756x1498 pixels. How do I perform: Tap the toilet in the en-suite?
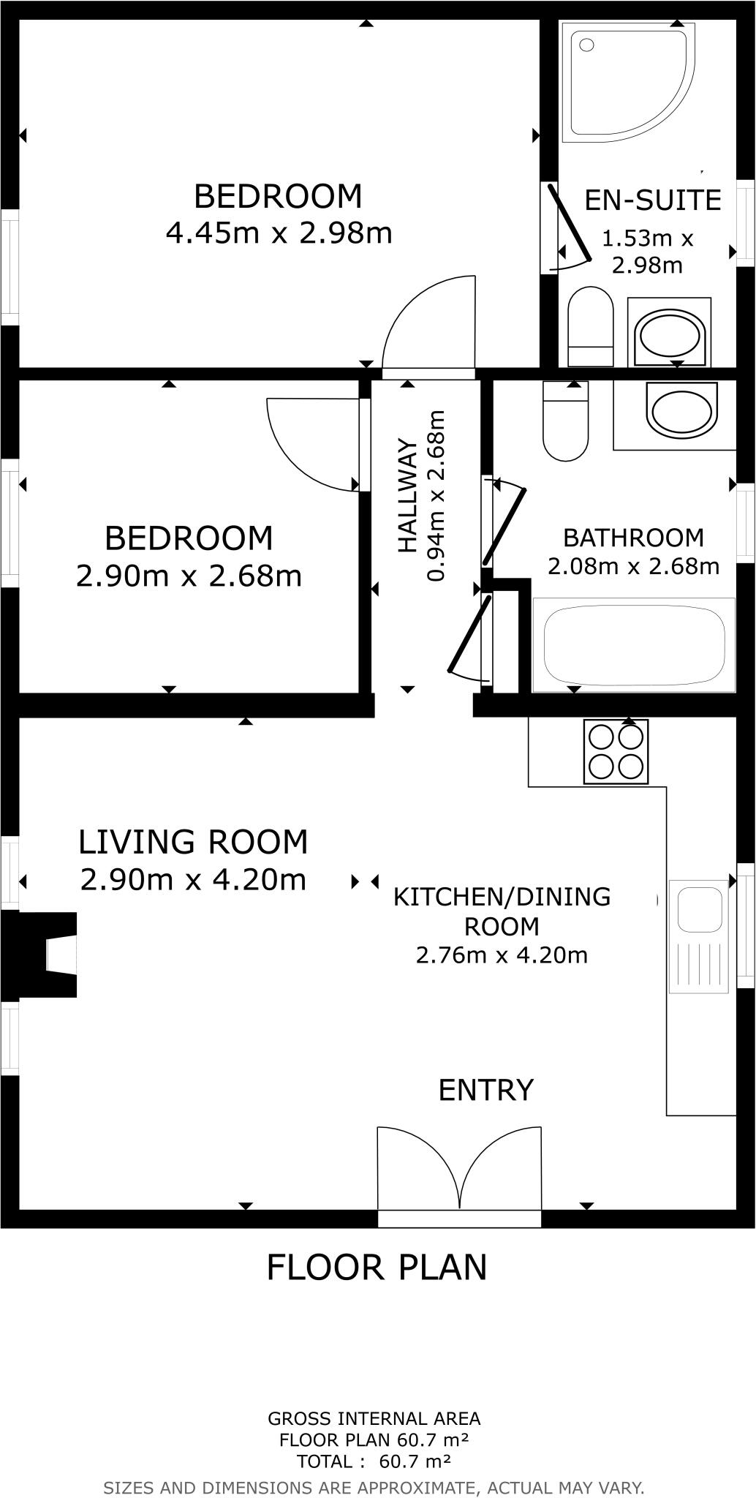590,325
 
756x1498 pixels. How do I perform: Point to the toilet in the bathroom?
566,422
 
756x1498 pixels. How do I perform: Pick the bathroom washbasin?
681,412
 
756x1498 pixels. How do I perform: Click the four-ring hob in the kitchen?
616,752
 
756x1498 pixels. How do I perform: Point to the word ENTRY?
485,1090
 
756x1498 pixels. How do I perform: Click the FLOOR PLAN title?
377,1268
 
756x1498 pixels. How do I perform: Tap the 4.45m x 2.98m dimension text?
279,233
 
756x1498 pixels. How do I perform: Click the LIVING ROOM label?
193,842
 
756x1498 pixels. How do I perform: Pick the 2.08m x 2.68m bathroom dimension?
633,566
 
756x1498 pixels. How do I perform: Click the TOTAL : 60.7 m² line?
373,1461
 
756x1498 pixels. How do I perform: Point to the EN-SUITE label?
652,200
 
